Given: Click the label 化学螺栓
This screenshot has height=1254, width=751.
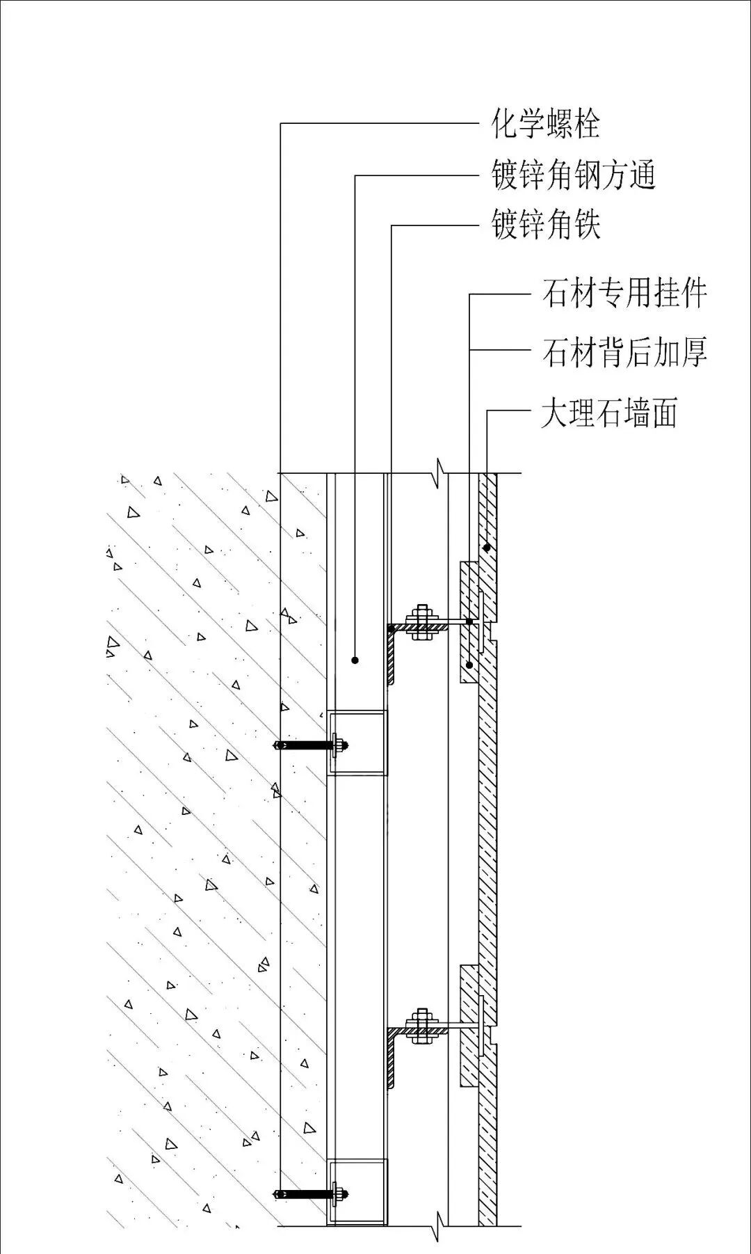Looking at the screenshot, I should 545,125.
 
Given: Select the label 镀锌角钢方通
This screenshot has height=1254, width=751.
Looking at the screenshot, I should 574,175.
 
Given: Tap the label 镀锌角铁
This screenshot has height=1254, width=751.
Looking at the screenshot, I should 546,225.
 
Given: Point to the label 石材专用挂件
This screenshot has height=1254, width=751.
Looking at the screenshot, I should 624,293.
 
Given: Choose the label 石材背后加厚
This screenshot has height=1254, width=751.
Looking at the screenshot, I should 624,352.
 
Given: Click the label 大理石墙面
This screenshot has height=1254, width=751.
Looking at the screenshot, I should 609,412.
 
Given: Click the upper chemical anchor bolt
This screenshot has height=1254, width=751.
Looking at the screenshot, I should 309,745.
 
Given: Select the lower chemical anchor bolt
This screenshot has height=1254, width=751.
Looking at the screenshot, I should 309,1194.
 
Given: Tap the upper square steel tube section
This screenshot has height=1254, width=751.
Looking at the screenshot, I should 357,743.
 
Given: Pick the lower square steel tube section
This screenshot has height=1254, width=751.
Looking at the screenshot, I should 357,1192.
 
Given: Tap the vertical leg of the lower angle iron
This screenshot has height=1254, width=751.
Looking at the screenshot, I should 392,1061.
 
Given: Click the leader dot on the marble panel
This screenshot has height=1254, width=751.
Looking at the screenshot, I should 487,548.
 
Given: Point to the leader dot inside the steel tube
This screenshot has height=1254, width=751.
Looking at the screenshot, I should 355,660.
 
